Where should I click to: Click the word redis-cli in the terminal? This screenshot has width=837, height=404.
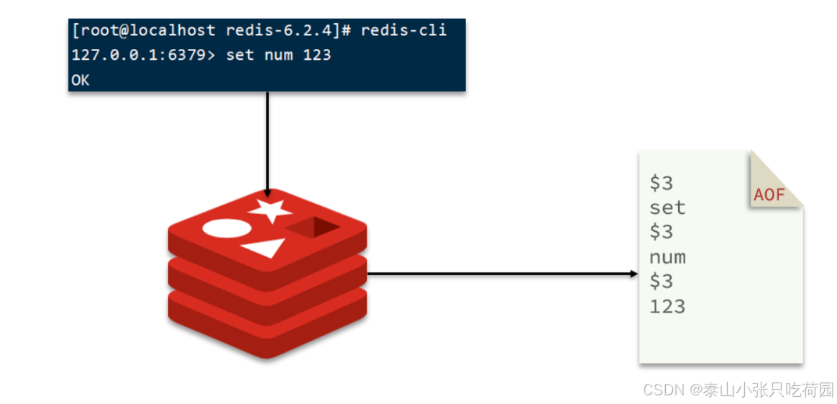(403, 30)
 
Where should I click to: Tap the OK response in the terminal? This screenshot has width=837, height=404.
(80, 80)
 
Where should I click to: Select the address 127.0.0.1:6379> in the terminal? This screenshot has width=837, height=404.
(143, 55)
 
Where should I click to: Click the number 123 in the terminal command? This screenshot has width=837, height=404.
(316, 55)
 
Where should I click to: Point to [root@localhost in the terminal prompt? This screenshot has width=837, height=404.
(143, 30)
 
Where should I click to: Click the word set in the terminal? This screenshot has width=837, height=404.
(239, 55)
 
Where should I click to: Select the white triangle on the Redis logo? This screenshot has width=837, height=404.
(264, 248)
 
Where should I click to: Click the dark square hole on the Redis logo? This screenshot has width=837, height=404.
(314, 228)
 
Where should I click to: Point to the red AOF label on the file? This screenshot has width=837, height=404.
(769, 194)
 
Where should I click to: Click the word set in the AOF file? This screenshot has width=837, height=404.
(667, 208)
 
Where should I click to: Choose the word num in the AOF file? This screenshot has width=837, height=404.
(667, 257)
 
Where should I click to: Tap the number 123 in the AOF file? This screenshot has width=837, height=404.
(667, 306)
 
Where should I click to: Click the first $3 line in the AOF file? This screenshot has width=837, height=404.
(661, 183)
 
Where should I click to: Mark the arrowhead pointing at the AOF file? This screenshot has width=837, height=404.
(634, 274)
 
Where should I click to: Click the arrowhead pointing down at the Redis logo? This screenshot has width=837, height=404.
(267, 193)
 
